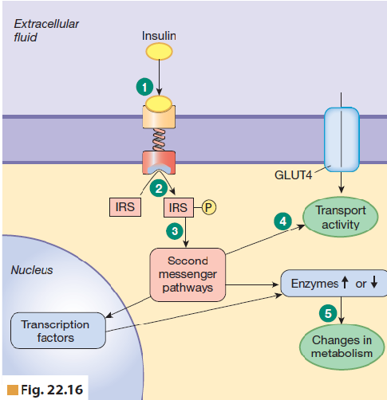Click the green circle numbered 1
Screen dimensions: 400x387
pyautogui.click(x=144, y=85)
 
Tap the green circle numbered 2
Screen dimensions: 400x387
pyautogui.click(x=159, y=188)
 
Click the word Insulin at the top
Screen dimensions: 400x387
pyautogui.click(x=159, y=36)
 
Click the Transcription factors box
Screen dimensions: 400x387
pyautogui.click(x=56, y=331)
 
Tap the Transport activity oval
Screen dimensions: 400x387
pyautogui.click(x=340, y=218)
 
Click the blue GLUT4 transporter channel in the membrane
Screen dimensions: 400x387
pyautogui.click(x=341, y=138)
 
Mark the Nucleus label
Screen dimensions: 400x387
pyautogui.click(x=31, y=270)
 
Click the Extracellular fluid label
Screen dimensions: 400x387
pyautogui.click(x=45, y=31)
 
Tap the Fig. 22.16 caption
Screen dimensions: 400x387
pyautogui.click(x=48, y=390)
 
